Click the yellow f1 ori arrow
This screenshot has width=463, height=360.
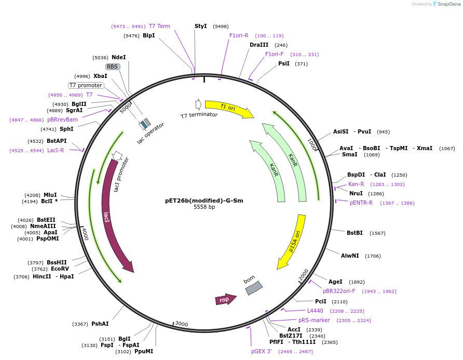tap(228, 108)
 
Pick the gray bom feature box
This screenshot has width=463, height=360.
tap(253, 288)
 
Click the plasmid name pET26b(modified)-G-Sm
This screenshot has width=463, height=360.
tap(204, 201)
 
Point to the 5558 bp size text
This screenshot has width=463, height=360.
tap(204, 207)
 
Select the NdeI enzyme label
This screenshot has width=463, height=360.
tap(118, 58)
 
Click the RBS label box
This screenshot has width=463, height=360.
tap(113, 66)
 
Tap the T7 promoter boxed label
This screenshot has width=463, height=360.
tap(86, 85)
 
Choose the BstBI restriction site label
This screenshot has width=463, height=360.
tap(355, 233)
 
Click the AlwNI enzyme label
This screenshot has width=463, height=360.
tap(350, 256)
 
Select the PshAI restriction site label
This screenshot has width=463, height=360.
tap(100, 324)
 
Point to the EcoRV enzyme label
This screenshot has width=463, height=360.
tap(60, 269)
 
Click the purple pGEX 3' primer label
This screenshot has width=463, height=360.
tap(262, 352)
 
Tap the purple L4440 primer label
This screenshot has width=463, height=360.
tap(315, 311)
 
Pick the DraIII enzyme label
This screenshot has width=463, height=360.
tap(259, 45)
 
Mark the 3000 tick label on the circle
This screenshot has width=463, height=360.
tap(182, 324)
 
